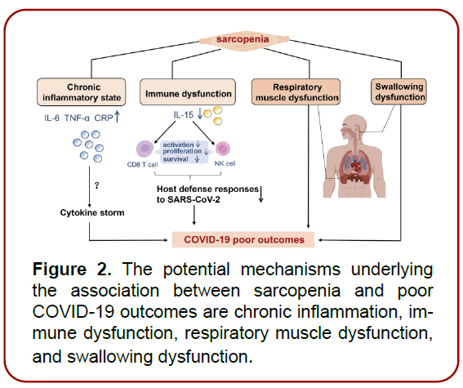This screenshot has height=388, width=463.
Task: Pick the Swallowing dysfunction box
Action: [x=398, y=91]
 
